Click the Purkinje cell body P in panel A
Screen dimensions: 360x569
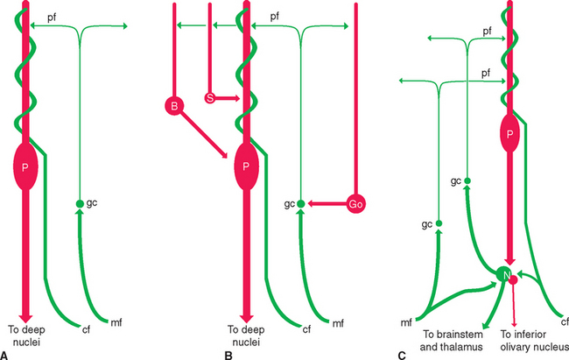(25, 167)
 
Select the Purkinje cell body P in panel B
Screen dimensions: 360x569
(245, 167)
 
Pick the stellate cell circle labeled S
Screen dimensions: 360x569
(210, 97)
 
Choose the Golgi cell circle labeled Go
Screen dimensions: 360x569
(356, 203)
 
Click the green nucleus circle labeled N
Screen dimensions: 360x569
(505, 275)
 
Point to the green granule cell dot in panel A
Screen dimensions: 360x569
(80, 203)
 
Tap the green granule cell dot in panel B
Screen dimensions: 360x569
(300, 203)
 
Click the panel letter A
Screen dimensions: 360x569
(6, 355)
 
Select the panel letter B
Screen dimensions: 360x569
(228, 355)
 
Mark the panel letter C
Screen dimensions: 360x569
(402, 355)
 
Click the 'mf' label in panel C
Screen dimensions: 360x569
(408, 322)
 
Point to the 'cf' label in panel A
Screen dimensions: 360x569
(86, 330)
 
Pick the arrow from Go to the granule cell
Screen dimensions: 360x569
(326, 203)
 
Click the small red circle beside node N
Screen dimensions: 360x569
(516, 279)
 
